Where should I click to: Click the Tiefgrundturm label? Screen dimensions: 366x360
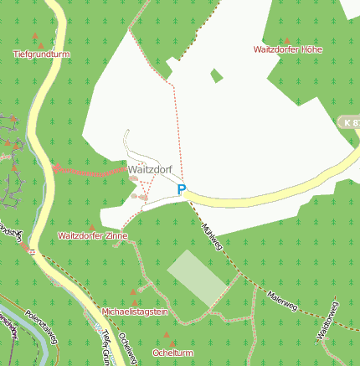pyautogui.click(x=40, y=54)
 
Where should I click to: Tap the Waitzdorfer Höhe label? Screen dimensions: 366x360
pyautogui.click(x=287, y=49)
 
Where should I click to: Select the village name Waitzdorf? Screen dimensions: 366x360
pyautogui.click(x=151, y=169)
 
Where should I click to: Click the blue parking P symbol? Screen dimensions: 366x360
pyautogui.click(x=181, y=190)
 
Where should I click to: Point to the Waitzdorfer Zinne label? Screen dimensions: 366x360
pyautogui.click(x=92, y=236)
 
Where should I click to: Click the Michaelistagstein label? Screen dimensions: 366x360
pyautogui.click(x=135, y=312)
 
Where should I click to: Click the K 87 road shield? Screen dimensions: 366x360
pyautogui.click(x=352, y=122)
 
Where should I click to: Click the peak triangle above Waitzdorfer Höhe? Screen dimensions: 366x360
pyautogui.click(x=287, y=39)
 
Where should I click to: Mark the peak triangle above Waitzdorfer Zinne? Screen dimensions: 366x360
pyautogui.click(x=91, y=227)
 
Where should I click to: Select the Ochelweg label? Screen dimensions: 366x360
pyautogui.click(x=128, y=348)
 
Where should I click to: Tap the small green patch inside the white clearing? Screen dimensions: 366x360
pyautogui.click(x=217, y=76)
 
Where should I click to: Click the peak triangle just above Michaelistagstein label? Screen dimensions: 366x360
pyautogui.click(x=134, y=302)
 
